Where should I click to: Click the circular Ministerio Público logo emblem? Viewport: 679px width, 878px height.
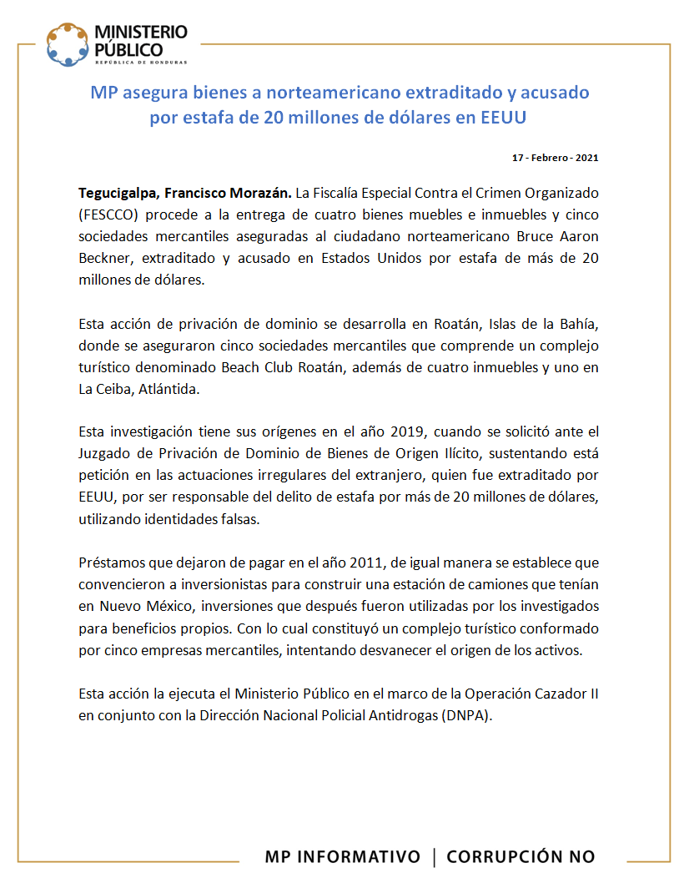[x=68, y=44]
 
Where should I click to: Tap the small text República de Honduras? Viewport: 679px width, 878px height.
[x=140, y=62]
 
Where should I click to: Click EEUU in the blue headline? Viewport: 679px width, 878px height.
[x=504, y=117]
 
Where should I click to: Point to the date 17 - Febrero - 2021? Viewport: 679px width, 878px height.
[x=555, y=158]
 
